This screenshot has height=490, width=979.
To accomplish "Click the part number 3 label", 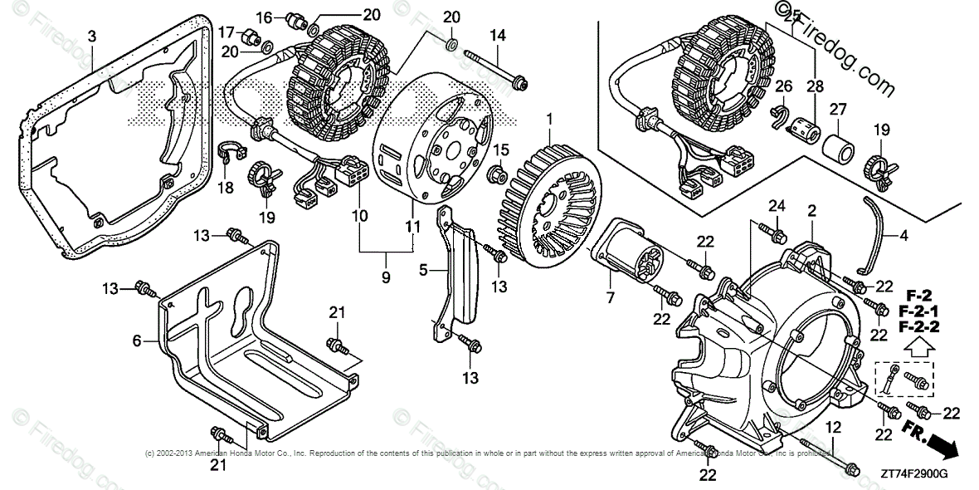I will (92, 36).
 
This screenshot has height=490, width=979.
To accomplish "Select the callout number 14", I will (498, 35).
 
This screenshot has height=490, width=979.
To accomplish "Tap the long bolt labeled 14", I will (497, 69).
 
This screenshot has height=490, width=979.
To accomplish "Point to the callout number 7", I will (611, 297).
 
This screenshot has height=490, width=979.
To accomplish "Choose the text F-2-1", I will (917, 311).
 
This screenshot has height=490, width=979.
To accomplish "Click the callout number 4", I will (904, 235).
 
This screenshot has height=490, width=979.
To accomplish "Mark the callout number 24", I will (776, 205).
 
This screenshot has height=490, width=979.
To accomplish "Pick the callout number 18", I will (224, 189).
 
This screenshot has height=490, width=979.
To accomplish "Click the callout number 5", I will (423, 270).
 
